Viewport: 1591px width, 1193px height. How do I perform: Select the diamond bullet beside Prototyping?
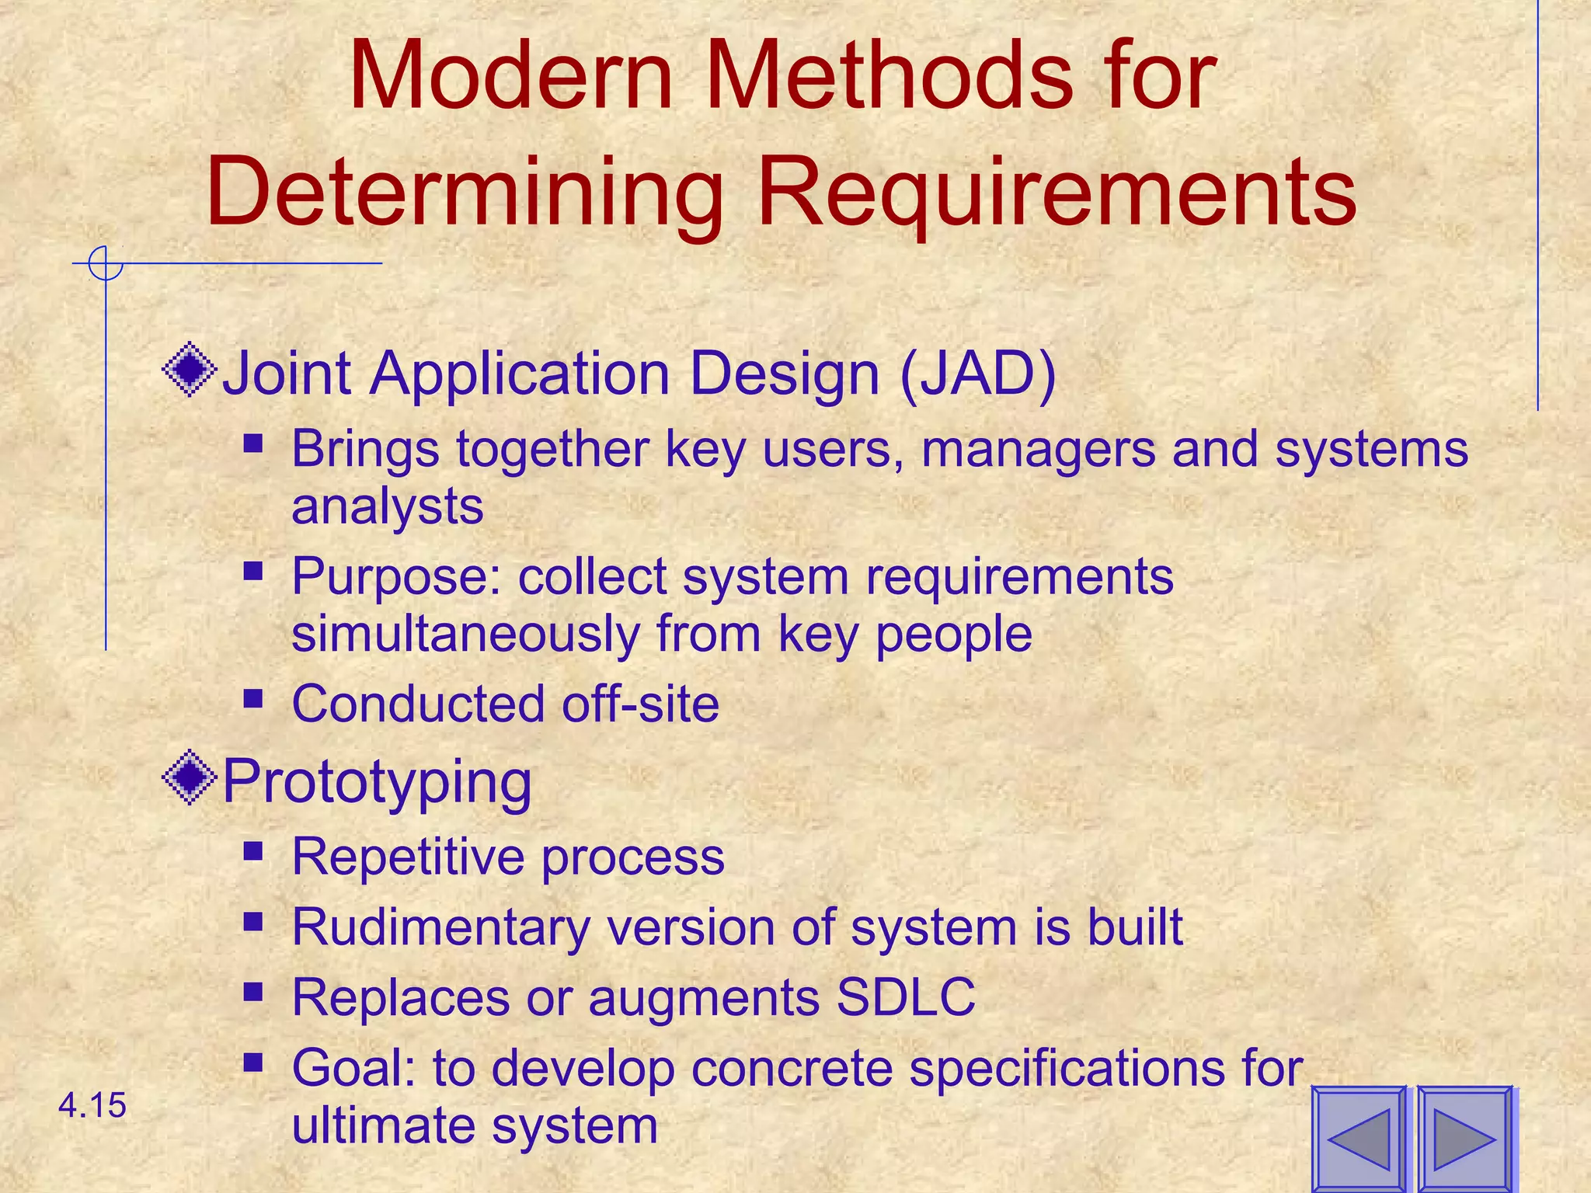click(190, 777)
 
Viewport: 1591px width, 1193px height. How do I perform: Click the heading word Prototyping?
click(377, 782)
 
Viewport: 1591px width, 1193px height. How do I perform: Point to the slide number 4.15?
click(92, 1105)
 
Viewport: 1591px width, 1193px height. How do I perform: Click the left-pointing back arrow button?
click(1359, 1139)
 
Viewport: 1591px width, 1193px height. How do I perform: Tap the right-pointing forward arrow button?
click(1464, 1139)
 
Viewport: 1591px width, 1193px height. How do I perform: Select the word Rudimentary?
click(440, 927)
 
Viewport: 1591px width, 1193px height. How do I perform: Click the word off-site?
click(640, 704)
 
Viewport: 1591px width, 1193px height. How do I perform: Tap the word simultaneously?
click(465, 634)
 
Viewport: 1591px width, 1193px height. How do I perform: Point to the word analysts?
click(387, 506)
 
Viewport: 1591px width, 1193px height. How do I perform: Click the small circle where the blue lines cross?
click(106, 263)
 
